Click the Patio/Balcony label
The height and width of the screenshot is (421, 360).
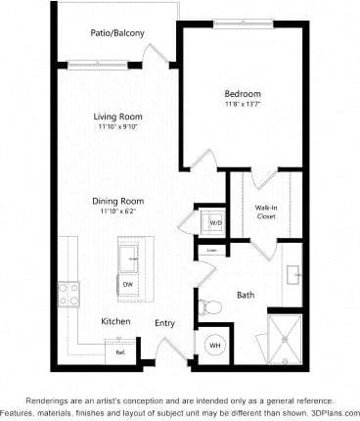tap(117, 34)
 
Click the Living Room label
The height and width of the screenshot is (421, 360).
tap(118, 117)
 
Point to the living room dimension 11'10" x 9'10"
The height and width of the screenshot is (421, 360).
tap(118, 127)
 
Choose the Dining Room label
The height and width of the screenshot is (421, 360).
tap(118, 201)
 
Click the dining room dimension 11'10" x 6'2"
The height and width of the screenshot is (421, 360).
tap(118, 211)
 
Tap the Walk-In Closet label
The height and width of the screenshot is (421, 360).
tap(265, 210)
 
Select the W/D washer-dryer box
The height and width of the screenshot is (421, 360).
tap(214, 222)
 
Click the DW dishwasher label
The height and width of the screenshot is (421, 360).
tap(127, 285)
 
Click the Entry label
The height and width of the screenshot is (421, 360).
tap(164, 323)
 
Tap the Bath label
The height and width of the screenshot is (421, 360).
tap(247, 295)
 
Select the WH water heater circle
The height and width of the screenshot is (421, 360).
tap(214, 345)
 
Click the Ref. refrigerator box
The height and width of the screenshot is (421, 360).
tap(120, 351)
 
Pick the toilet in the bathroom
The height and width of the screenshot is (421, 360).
tap(208, 306)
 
